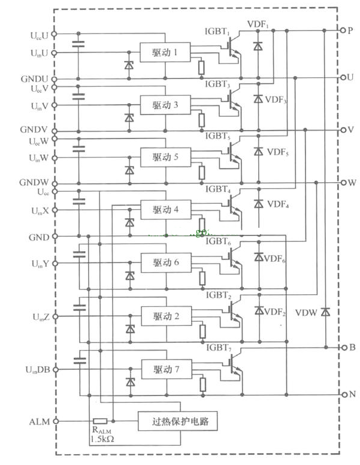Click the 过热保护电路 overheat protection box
point(177,421)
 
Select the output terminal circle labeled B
point(342,348)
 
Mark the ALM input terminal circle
point(56,421)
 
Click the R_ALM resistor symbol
point(100,421)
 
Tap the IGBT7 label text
point(218,347)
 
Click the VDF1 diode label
point(259,25)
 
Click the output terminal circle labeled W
point(342,182)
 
